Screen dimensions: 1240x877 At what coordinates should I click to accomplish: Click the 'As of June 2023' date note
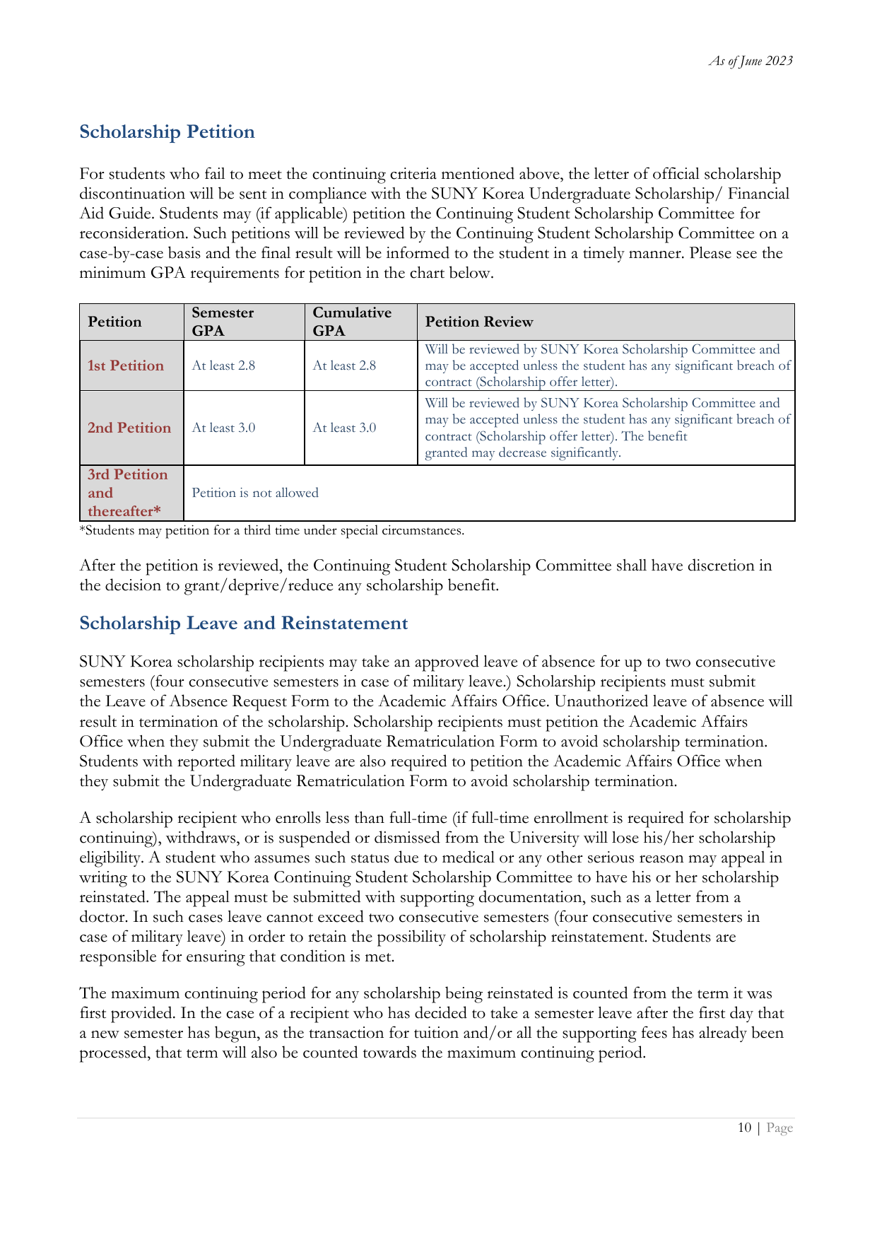(751, 61)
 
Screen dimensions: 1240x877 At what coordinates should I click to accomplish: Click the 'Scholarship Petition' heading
(167, 132)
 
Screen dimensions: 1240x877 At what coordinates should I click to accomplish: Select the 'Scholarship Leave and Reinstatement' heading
(243, 623)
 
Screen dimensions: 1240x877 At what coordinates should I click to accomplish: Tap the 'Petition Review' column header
(478, 322)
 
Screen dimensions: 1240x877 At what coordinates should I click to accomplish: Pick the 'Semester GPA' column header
(223, 322)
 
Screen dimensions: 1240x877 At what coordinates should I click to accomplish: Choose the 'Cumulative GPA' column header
(351, 322)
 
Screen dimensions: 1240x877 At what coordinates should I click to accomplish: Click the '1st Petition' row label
(126, 365)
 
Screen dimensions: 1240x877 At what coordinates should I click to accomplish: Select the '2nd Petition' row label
(129, 428)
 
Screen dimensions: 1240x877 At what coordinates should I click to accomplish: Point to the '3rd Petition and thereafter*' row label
(128, 493)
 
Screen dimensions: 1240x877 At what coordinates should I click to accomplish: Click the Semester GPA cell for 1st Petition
(223, 365)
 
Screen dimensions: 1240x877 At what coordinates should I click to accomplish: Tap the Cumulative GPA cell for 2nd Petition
(344, 428)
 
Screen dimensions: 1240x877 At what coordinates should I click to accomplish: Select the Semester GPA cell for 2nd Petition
(223, 428)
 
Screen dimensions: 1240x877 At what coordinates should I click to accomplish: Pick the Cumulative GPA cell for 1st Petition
(344, 365)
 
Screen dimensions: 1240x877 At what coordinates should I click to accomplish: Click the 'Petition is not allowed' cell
(255, 493)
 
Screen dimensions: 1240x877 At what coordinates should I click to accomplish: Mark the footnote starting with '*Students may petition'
(271, 530)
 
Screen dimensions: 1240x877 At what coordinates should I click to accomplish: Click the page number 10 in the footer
(744, 1128)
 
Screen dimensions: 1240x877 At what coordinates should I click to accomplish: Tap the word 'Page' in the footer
(779, 1128)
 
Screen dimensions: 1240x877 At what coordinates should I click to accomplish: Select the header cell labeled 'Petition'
(114, 322)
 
